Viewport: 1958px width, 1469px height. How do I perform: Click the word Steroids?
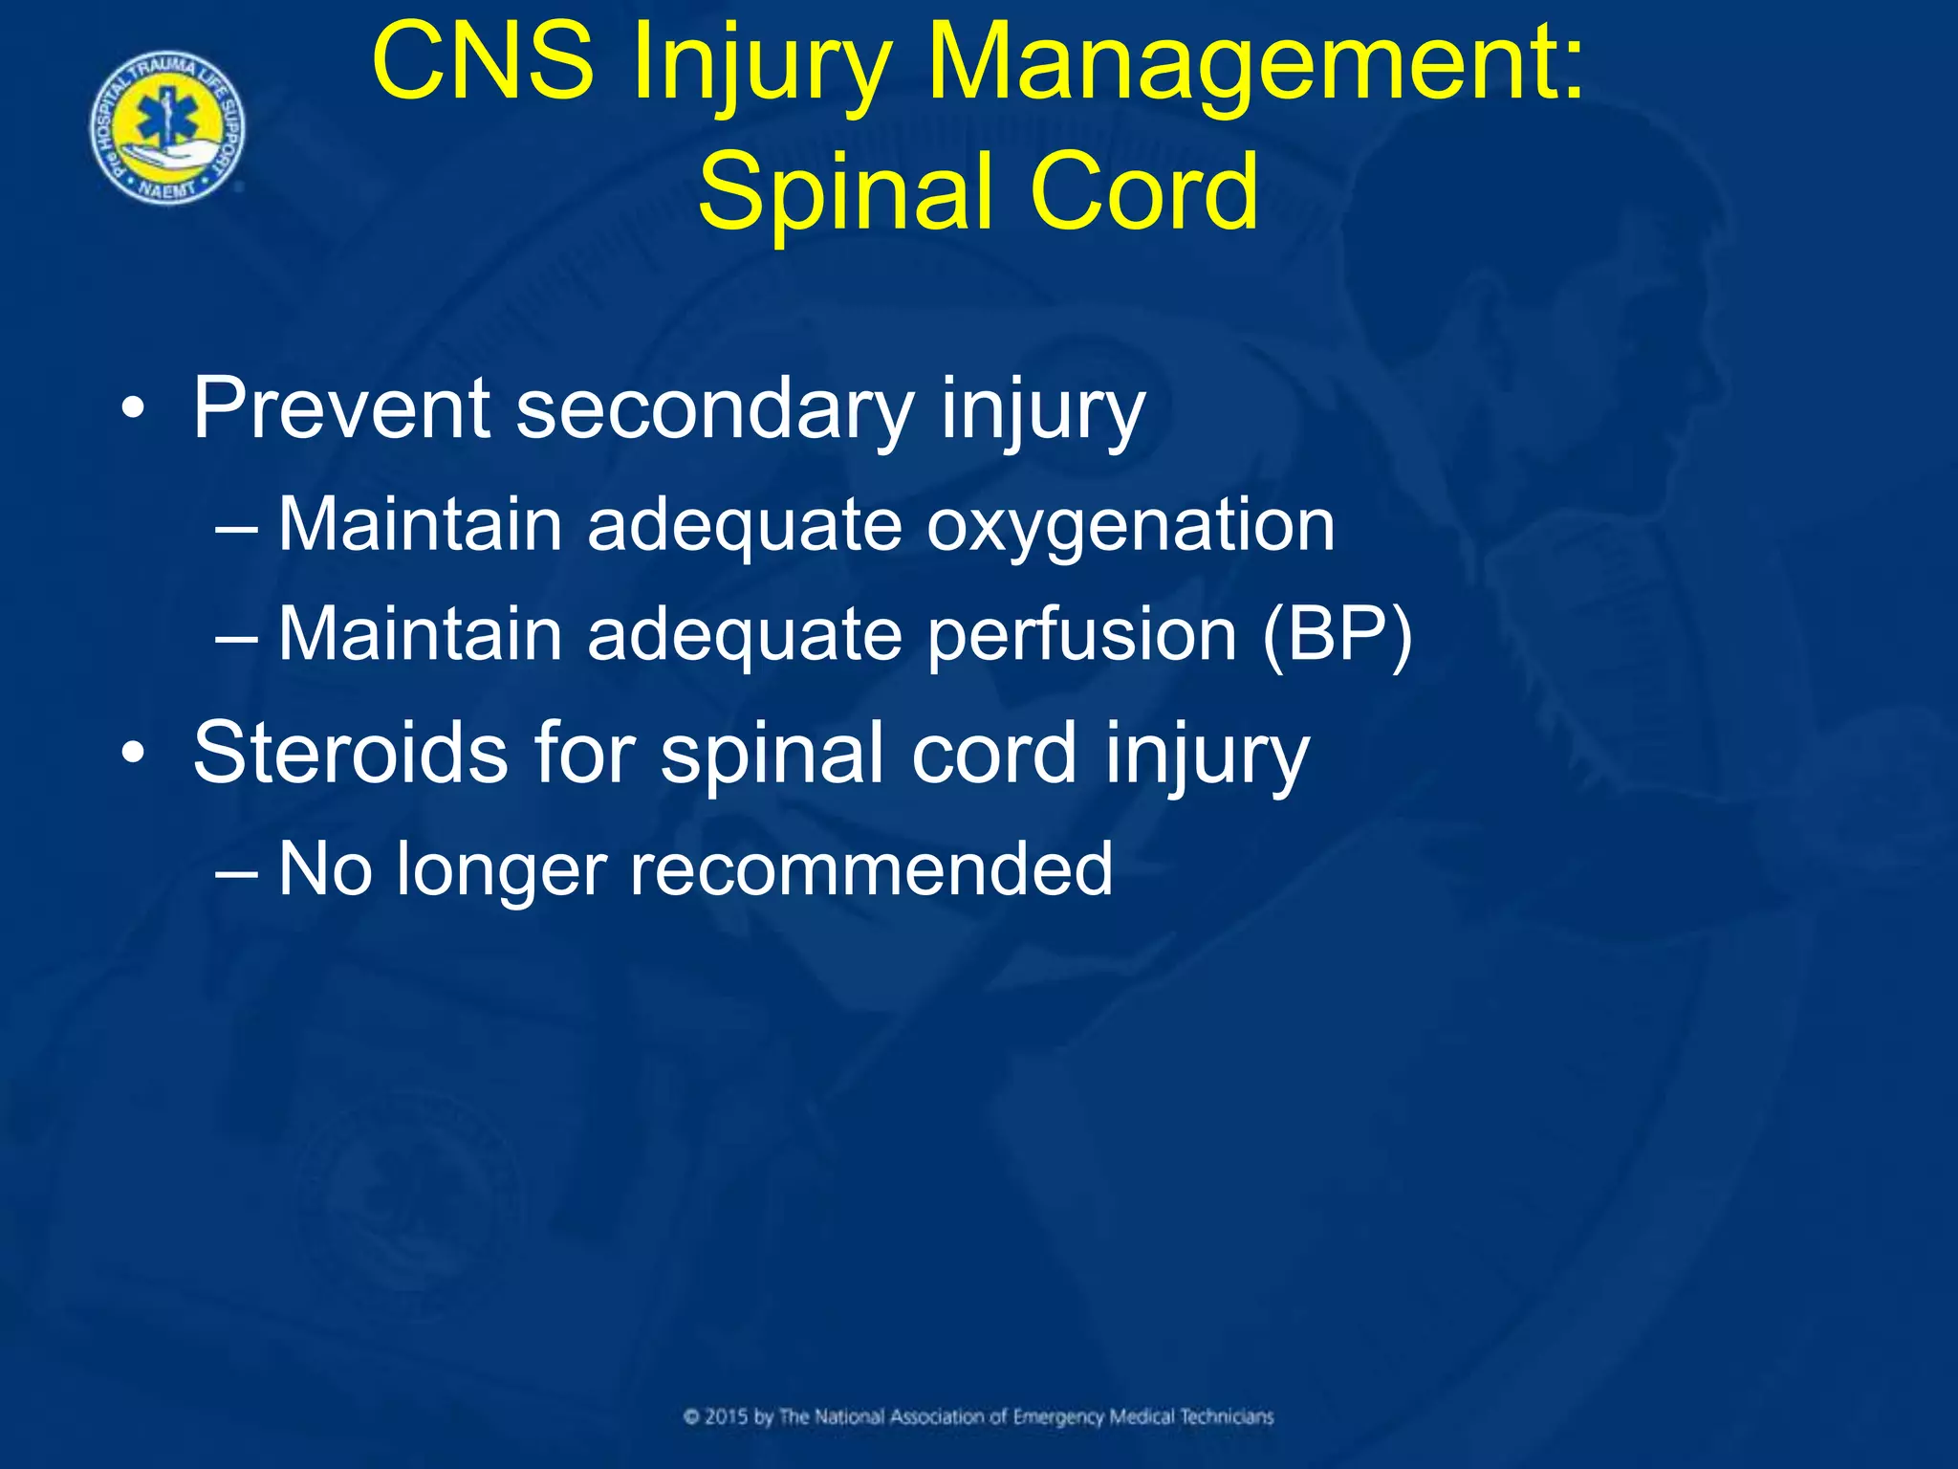[350, 753]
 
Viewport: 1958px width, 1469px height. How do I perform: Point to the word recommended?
[871, 868]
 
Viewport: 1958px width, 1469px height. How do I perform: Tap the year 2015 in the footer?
[727, 1416]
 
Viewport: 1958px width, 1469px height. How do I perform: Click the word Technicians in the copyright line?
[1227, 1416]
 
